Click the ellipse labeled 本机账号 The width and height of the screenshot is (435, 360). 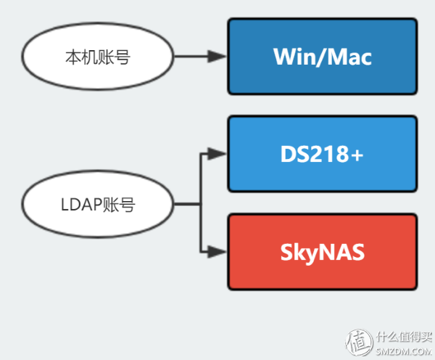(98, 57)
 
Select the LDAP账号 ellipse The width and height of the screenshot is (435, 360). (98, 205)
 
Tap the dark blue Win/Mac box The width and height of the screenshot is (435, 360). (323, 57)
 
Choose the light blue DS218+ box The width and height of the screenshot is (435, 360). (323, 154)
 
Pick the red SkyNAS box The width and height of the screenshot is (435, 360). (323, 252)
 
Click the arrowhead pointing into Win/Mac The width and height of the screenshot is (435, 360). (217, 57)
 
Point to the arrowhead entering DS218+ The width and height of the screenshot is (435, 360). (217, 154)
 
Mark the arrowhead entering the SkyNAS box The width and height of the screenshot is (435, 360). (217, 252)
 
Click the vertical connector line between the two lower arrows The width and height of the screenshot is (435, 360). (200, 218)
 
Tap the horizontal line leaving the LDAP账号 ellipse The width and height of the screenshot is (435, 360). (187, 205)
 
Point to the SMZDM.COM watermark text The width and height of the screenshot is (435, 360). (402, 348)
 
